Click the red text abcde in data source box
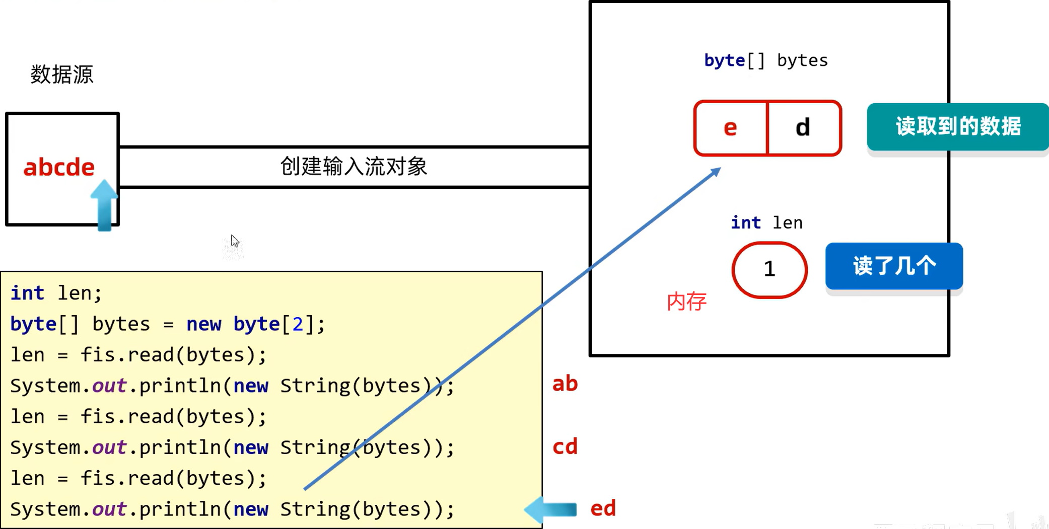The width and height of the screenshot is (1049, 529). (59, 167)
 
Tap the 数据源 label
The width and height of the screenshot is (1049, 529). (61, 74)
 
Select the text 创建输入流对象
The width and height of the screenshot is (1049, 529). (354, 167)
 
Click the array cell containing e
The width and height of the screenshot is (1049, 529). (730, 128)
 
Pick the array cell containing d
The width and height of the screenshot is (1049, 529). (803, 128)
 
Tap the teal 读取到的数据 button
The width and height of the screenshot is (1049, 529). (958, 126)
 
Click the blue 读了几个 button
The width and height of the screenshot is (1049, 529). (894, 266)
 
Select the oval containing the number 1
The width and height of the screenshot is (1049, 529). (769, 270)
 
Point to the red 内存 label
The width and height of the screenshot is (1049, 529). (686, 301)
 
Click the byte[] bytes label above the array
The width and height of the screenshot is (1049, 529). (765, 60)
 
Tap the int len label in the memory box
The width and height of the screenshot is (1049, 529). (766, 222)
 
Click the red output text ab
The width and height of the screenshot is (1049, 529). (565, 384)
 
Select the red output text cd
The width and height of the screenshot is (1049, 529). (565, 446)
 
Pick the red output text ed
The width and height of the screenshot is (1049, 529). (603, 508)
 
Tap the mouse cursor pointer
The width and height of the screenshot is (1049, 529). (235, 241)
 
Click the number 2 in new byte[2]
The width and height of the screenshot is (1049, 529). (298, 324)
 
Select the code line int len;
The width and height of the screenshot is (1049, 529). (56, 293)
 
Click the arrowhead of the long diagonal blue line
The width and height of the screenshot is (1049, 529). (716, 172)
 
